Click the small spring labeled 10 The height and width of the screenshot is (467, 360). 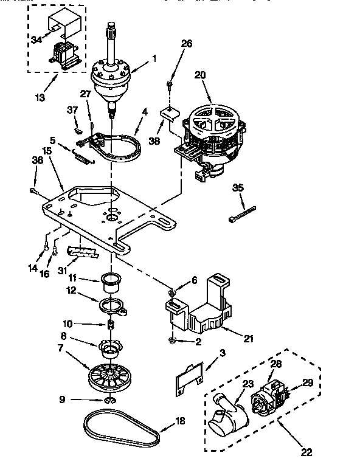[x=111, y=324]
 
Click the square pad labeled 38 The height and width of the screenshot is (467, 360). [x=168, y=113]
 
